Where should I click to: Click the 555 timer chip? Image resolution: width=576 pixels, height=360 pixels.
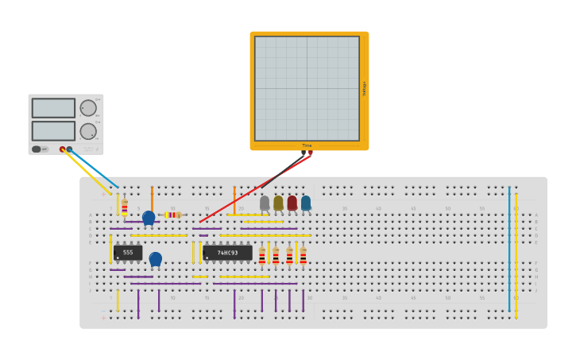128,253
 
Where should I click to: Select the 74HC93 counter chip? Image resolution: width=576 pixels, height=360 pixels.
227,253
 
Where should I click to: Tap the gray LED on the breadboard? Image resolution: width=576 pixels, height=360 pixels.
265,203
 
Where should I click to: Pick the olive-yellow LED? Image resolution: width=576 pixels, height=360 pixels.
278,203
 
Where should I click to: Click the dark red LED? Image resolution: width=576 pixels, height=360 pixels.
292,203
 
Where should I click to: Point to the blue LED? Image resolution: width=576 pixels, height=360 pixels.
306,203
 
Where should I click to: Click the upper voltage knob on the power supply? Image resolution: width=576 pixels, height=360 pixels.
88,108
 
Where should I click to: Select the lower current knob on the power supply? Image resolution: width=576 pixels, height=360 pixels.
88,131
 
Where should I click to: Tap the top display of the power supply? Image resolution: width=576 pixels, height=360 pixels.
53,108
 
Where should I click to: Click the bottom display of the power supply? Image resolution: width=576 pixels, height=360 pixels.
53,130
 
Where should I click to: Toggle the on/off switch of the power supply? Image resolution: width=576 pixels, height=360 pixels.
37,149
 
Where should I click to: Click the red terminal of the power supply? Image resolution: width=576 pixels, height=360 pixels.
63,149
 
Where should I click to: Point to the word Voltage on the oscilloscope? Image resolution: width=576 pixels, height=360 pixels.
364,88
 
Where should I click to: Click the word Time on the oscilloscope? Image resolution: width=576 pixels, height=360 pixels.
307,145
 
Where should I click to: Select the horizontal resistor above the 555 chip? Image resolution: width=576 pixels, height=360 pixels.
172,215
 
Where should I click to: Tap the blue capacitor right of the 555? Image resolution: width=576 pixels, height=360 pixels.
156,258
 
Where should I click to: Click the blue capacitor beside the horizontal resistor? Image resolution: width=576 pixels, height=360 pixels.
149,217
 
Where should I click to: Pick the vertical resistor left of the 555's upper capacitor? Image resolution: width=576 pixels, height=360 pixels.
125,207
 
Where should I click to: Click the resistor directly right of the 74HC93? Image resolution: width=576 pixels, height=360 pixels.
261,255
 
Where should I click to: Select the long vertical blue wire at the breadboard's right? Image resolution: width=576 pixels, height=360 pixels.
509,250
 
